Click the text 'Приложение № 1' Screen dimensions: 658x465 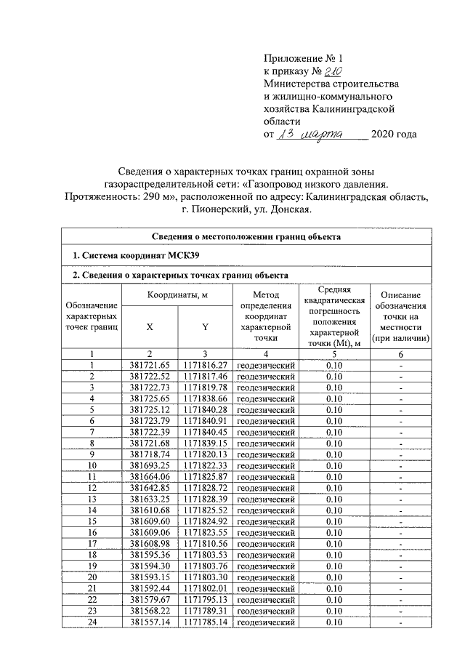pyautogui.click(x=302, y=57)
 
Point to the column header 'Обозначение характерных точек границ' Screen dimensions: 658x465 pyautogui.click(x=92, y=317)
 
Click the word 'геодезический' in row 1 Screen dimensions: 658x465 pyautogui.click(x=266, y=365)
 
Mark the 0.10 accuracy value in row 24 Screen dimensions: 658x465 pyautogui.click(x=334, y=623)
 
